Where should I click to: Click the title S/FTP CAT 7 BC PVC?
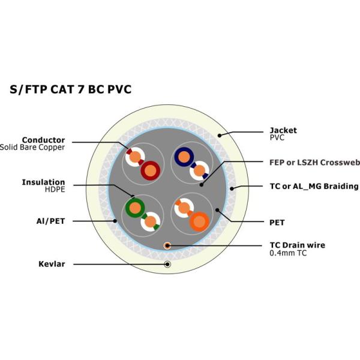71,89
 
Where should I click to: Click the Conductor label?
43,140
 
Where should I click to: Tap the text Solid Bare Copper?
32,147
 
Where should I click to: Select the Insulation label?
43,182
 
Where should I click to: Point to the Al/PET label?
51,221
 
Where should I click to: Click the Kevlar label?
51,263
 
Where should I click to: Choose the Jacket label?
283,130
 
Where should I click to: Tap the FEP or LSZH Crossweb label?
314,162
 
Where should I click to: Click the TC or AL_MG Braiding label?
314,186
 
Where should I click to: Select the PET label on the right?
277,222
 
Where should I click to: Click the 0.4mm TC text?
289,253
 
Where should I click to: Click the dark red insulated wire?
150,170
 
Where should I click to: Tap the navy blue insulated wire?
182,157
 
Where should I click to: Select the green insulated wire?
134,208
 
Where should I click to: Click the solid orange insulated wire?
199,221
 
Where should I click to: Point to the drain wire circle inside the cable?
167,245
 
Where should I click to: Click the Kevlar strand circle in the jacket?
167,264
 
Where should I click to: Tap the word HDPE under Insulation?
54,190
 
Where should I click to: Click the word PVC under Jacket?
277,137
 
